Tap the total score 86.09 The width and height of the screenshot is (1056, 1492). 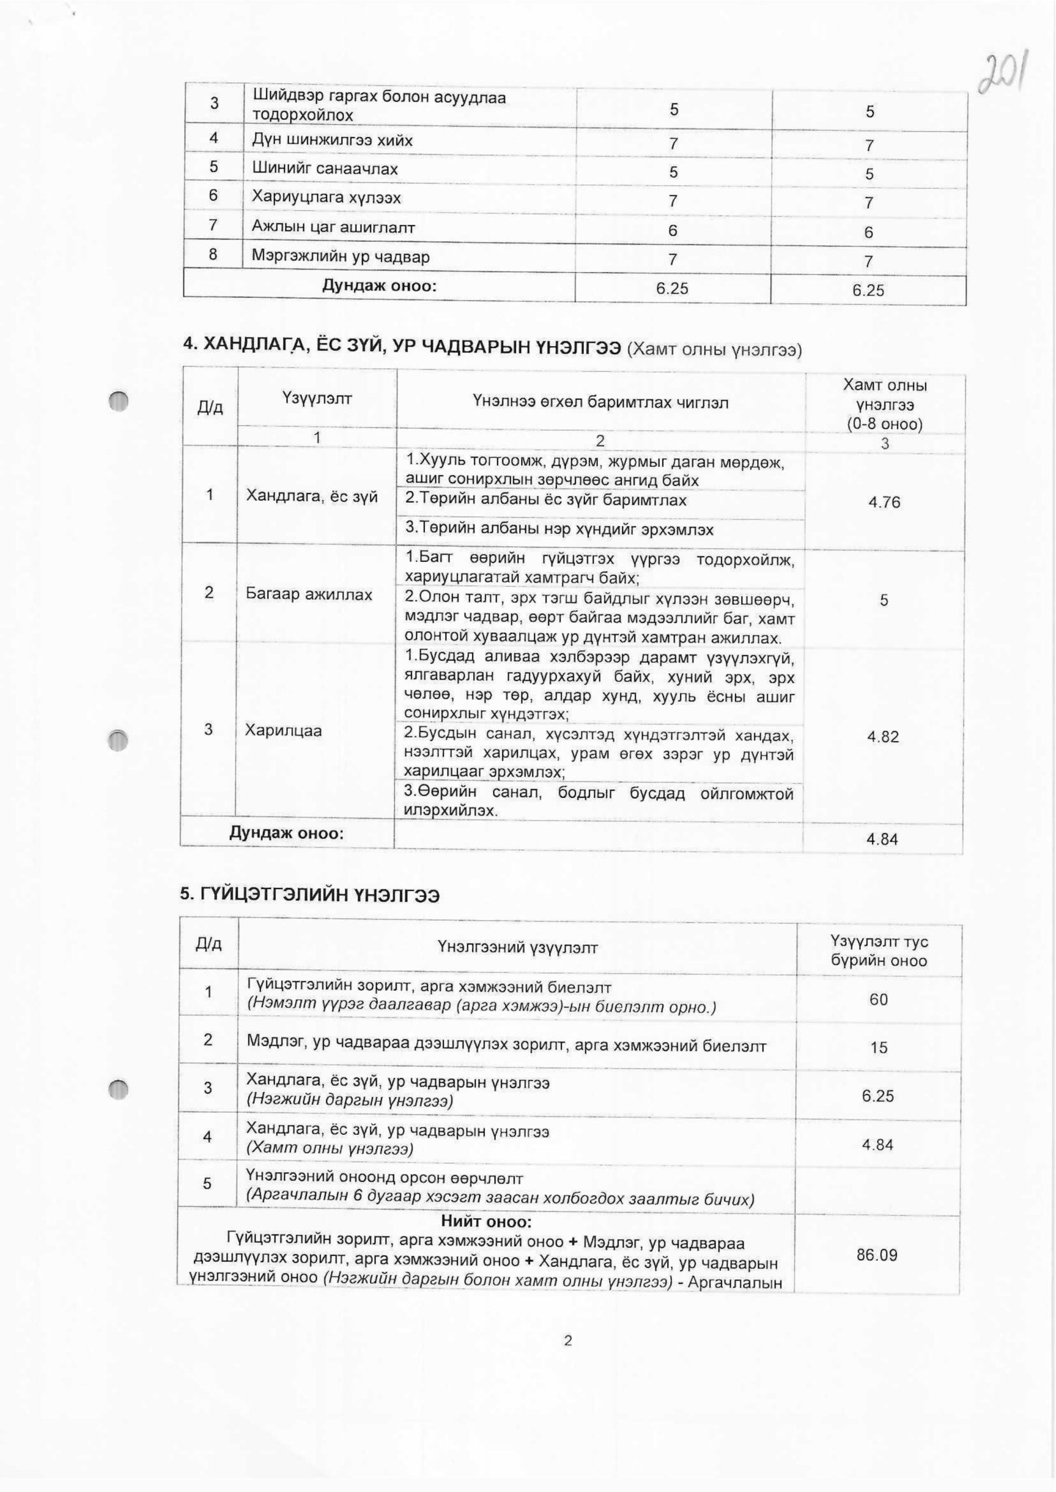pos(877,1255)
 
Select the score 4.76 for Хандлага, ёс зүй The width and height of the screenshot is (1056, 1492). pos(884,502)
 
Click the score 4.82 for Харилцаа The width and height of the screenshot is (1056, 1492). pos(882,737)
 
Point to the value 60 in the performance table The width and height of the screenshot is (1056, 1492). pos(878,999)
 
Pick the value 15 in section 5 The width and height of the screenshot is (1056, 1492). pos(878,1047)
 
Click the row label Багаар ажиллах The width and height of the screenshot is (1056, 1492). pos(309,594)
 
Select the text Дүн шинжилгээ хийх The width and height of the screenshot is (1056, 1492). pos(332,140)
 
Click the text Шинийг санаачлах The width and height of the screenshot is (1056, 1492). pos(325,169)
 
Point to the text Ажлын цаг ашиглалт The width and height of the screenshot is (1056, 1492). pos(333,227)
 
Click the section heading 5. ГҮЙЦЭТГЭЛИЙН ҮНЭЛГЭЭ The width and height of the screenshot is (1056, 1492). pos(309,895)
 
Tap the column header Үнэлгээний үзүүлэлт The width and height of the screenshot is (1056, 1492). pos(518,948)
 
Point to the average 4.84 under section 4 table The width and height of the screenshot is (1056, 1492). pos(882,839)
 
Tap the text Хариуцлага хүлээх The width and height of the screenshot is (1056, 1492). pos(326,198)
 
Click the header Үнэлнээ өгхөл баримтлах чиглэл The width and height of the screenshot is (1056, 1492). pos(600,402)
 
